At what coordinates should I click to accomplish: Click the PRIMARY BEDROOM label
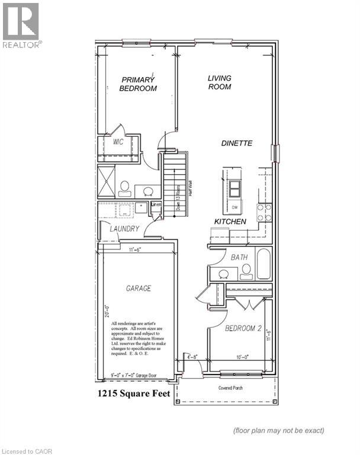click(138, 84)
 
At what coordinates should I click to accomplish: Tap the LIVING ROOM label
click(219, 82)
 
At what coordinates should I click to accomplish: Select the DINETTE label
click(237, 143)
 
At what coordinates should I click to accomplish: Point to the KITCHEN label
click(230, 221)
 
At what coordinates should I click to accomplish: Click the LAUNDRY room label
click(124, 229)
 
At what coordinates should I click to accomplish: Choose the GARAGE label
click(138, 289)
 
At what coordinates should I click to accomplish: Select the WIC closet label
click(118, 142)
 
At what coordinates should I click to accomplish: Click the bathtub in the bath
click(263, 264)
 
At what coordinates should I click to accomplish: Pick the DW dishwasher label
click(234, 207)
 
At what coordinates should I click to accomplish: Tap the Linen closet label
click(156, 205)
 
